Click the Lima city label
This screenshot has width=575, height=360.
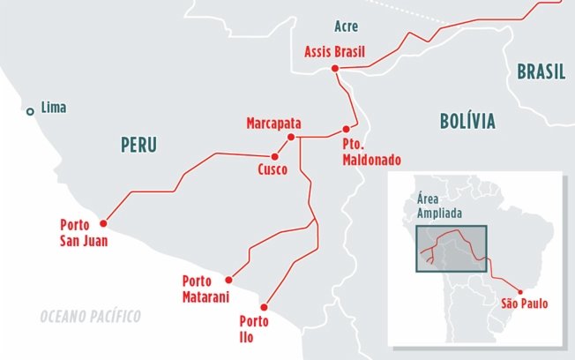tap(54, 109)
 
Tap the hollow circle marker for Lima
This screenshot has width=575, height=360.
tap(31, 110)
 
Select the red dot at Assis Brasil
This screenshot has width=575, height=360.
tap(335, 69)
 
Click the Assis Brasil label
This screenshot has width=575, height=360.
tap(335, 51)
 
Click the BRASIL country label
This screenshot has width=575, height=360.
tap(541, 72)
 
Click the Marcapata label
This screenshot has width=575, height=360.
tap(277, 124)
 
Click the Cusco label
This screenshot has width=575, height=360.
tap(273, 169)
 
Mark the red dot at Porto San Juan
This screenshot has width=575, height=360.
tap(103, 222)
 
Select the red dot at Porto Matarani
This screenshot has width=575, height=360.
tap(228, 276)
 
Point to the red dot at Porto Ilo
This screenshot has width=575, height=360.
tap(265, 307)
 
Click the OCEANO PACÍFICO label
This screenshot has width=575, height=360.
tap(90, 315)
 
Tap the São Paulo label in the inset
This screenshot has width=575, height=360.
tap(524, 304)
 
